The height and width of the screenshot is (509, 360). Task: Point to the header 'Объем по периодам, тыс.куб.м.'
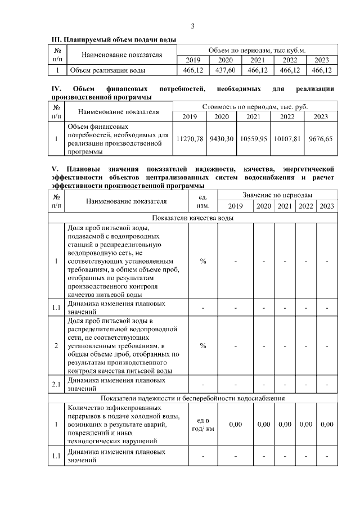click(x=257, y=50)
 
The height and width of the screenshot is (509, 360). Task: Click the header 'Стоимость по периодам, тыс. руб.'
click(x=255, y=106)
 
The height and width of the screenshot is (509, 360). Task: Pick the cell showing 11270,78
click(x=190, y=138)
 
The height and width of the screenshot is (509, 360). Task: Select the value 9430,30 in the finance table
click(x=221, y=138)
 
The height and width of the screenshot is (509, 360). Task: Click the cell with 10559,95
click(x=253, y=138)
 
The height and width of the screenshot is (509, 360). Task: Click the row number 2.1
click(x=56, y=384)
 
